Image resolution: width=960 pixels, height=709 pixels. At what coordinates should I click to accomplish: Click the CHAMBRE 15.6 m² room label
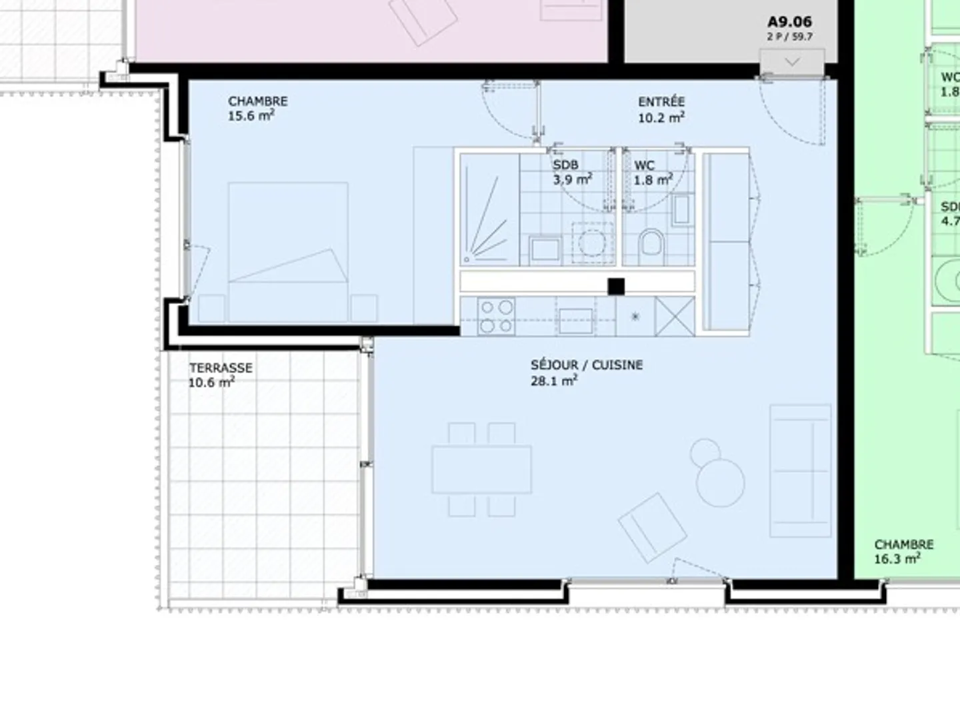[258, 109]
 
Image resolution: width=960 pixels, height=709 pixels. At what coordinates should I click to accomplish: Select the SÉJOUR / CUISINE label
[587, 365]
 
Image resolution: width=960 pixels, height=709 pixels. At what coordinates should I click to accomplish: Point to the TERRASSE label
[221, 368]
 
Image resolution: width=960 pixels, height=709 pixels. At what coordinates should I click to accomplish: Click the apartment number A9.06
[789, 22]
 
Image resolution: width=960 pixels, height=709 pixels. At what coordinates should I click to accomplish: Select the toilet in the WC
[651, 247]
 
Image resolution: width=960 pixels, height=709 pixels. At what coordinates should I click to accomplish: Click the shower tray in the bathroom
[489, 210]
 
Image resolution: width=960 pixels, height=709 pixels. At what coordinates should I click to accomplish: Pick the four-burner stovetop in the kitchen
[497, 317]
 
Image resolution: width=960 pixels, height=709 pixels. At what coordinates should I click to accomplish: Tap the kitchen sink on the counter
[575, 321]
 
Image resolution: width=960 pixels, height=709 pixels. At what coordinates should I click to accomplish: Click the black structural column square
[616, 287]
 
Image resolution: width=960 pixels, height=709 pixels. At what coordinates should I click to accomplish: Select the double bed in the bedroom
[288, 252]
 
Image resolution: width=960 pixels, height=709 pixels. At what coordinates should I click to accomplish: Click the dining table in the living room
[481, 470]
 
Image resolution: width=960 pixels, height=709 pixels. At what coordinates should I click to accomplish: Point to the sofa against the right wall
[800, 470]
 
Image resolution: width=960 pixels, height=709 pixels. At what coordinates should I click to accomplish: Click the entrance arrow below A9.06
[792, 62]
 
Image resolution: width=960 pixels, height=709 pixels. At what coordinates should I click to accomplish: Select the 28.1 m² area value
[553, 381]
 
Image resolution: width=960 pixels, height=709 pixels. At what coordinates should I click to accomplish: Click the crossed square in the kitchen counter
[675, 317]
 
